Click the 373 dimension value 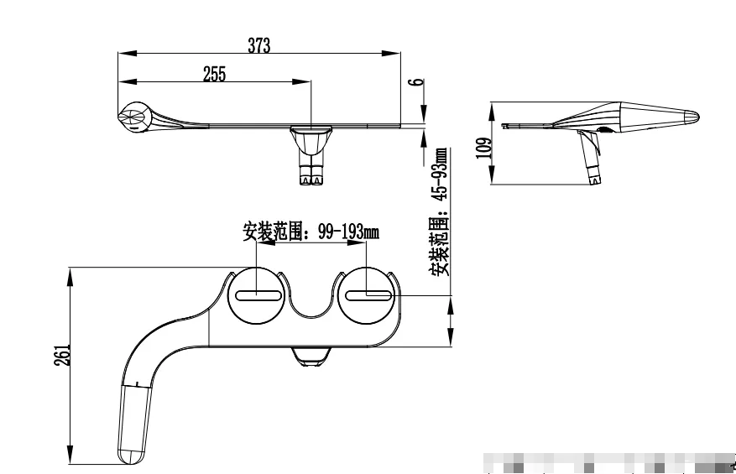tap(258, 46)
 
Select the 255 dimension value tap(214, 74)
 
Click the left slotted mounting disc tap(258, 295)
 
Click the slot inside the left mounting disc tap(258, 294)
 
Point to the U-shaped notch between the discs tap(312, 300)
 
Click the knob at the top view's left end tap(134, 117)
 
